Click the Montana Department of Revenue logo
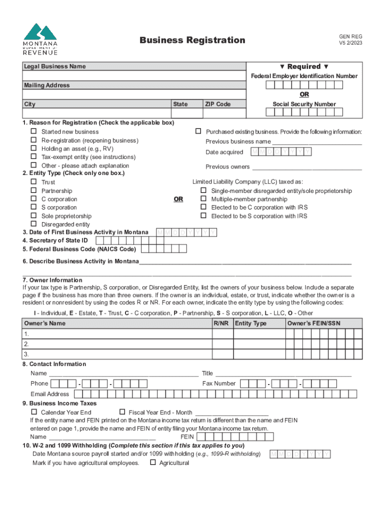coord(40,39)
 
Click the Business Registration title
coord(192,40)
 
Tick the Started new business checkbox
coord(34,131)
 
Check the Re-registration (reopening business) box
coord(34,140)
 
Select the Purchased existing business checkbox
coord(198,131)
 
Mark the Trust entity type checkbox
coord(34,182)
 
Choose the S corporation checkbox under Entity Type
coord(34,207)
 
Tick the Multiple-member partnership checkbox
coord(203,198)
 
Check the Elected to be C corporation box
coord(203,207)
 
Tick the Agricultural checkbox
coord(152,462)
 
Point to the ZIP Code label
coord(217,104)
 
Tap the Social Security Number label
coord(304,104)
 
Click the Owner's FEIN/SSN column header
coord(313,323)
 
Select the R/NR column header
coord(221,323)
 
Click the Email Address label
coord(50,394)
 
